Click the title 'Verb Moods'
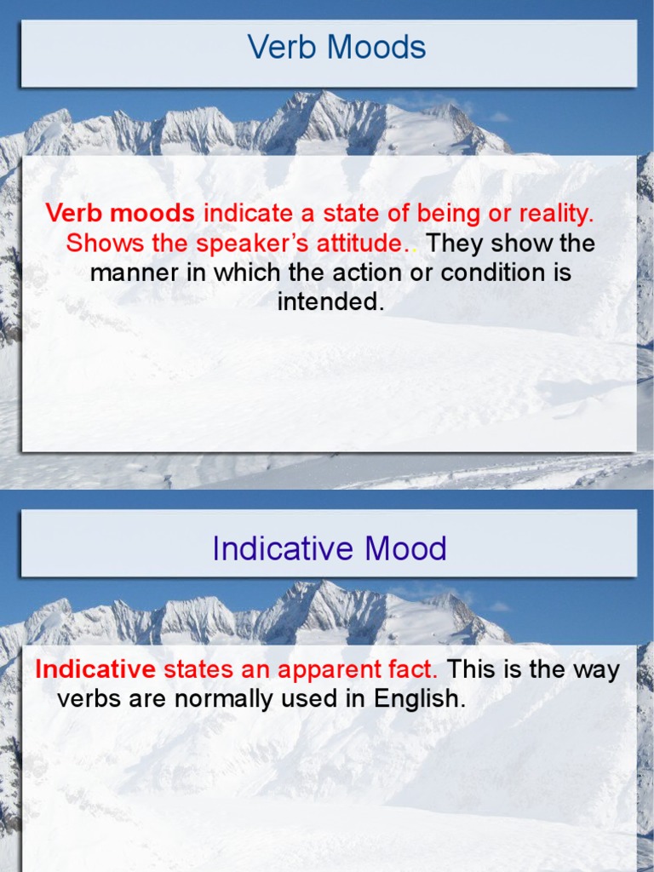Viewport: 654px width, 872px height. [x=337, y=48]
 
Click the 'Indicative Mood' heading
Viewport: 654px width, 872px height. [x=330, y=548]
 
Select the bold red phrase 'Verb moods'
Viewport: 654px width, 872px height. [x=120, y=214]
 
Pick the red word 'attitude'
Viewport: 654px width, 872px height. [x=359, y=244]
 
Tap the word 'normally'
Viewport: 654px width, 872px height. [x=230, y=699]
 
